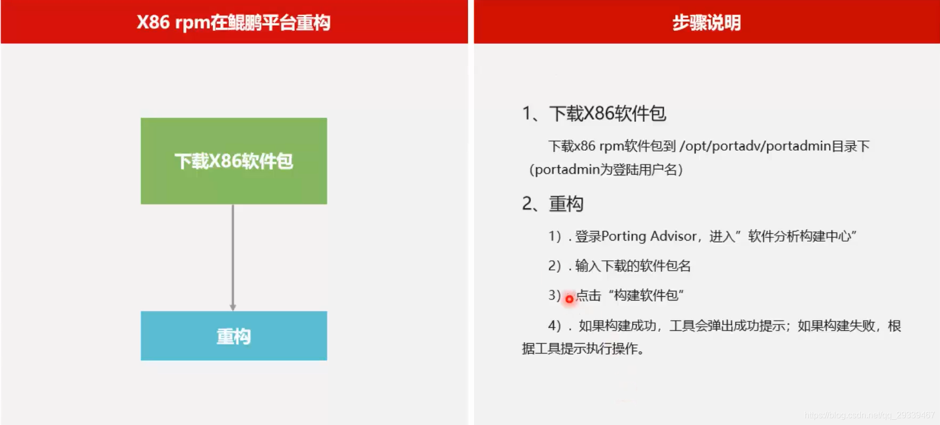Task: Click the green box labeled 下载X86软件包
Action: [234, 161]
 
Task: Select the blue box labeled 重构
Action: [234, 336]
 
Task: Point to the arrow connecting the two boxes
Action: [233, 258]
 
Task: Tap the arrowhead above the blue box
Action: [233, 308]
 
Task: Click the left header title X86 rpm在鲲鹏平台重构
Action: [233, 23]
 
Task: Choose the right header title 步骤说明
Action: [707, 23]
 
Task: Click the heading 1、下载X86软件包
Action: [594, 114]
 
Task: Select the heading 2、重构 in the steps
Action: [552, 204]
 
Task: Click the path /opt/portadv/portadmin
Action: [755, 146]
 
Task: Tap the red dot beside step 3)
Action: [569, 299]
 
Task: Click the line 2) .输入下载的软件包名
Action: [619, 266]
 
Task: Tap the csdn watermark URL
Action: [869, 415]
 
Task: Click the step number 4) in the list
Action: [555, 326]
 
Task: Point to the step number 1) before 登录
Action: [555, 236]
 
